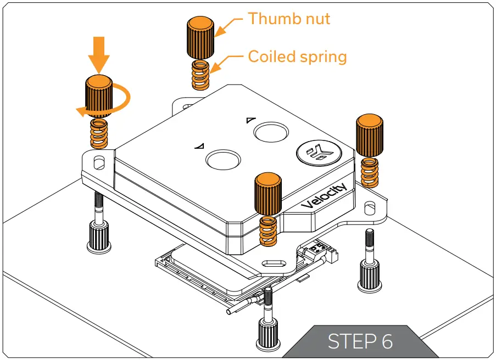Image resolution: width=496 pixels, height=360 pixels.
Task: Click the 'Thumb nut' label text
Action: [x=289, y=19]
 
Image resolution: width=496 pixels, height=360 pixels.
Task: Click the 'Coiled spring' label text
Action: [x=297, y=57]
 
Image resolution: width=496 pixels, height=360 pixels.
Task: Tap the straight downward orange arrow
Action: [x=99, y=54]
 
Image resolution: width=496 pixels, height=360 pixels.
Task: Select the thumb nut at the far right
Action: [x=370, y=135]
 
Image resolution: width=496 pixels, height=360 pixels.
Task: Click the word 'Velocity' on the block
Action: [x=325, y=196]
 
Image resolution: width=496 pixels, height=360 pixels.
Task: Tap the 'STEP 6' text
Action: [x=360, y=341]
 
